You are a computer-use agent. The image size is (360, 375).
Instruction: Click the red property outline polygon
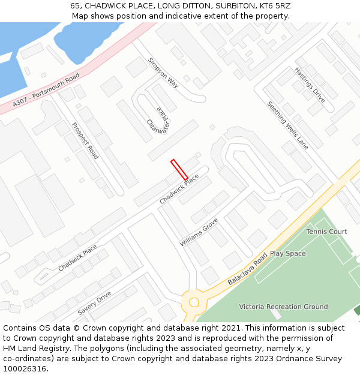tap(179, 169)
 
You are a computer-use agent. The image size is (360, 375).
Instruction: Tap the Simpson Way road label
tap(163, 73)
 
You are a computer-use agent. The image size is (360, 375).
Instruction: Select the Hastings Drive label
tap(310, 85)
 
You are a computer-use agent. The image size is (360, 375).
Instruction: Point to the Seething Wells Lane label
tap(287, 125)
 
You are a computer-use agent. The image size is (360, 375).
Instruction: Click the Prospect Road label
tap(85, 140)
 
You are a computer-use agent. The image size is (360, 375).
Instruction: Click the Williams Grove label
tap(199, 232)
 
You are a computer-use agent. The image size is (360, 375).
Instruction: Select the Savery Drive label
tap(94, 304)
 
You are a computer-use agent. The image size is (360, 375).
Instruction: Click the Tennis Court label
tap(326, 232)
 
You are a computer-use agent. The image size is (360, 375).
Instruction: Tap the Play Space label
tap(287, 254)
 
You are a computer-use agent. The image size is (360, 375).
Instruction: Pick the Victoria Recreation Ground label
tap(283, 307)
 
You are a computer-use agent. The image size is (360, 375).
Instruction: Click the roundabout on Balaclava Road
tap(194, 302)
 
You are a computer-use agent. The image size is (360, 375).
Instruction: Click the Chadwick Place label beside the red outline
tap(179, 188)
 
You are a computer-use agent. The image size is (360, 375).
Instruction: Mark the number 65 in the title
tap(75, 5)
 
